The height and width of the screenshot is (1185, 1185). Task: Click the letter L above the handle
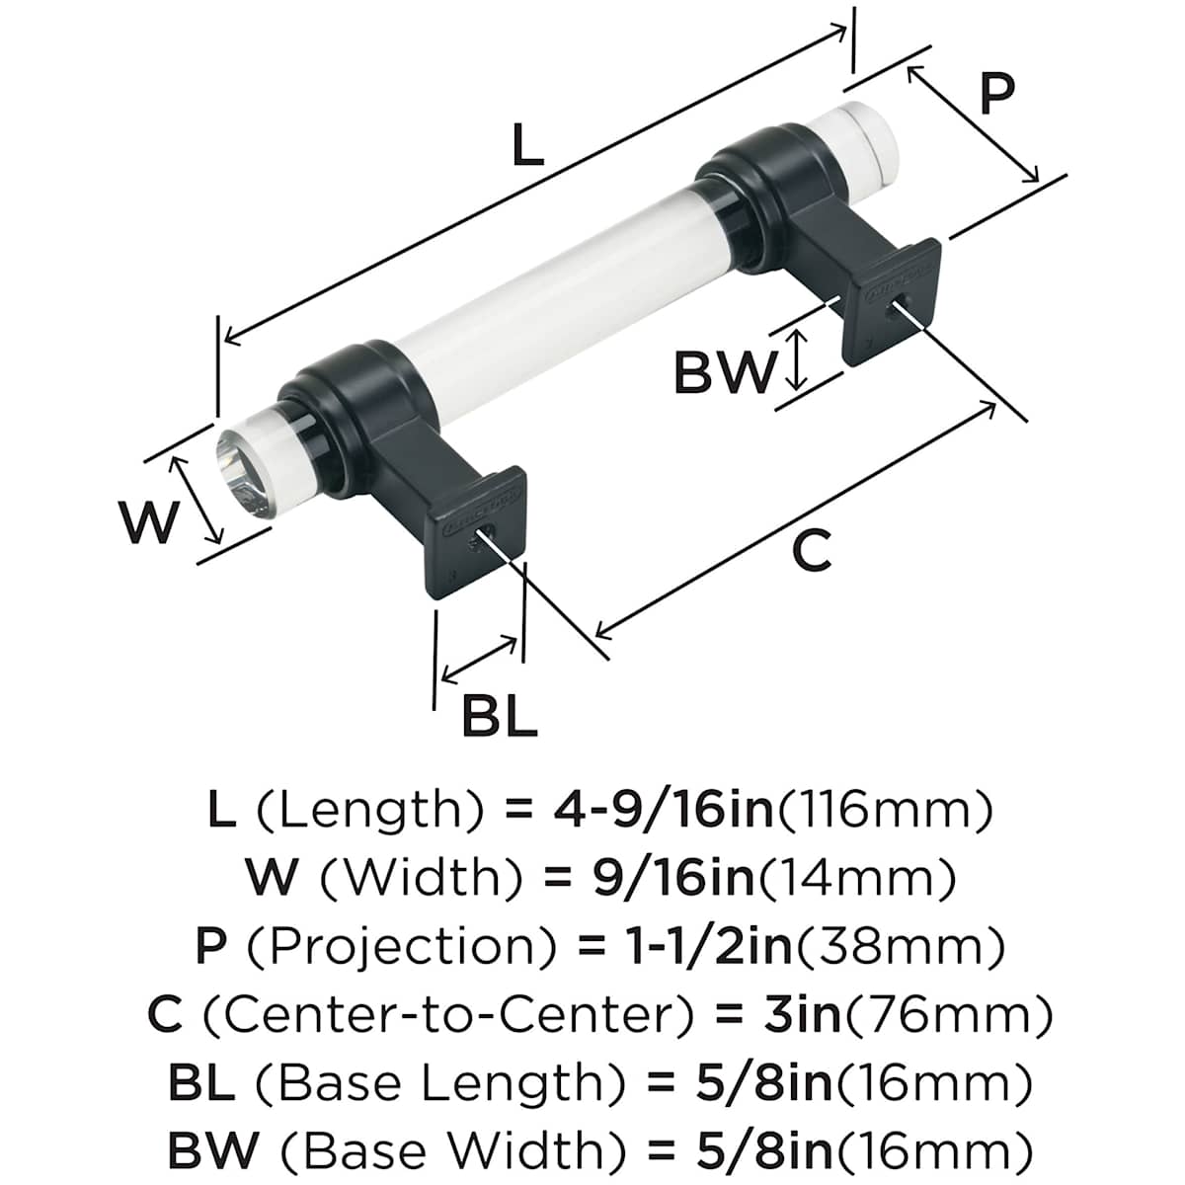tap(528, 148)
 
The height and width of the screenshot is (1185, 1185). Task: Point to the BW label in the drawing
tap(724, 372)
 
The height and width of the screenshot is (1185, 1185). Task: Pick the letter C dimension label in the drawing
tap(812, 550)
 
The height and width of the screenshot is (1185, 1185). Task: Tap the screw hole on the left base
tap(485, 538)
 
